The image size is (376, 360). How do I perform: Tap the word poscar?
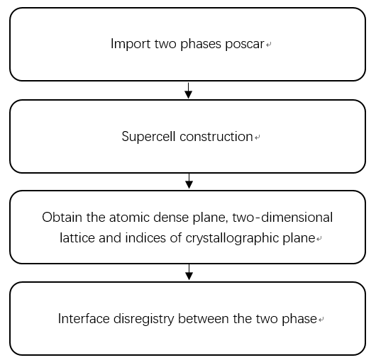point(245,45)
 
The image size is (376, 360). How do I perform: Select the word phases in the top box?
point(201,45)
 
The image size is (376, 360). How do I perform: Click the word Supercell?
point(148,137)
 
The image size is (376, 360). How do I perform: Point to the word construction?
point(216,137)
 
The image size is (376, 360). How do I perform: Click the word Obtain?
point(62,218)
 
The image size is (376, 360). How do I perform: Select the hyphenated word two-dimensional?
point(282,218)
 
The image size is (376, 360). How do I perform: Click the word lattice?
point(77,238)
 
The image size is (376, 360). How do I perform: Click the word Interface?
point(84,319)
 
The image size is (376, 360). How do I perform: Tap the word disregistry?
point(143,320)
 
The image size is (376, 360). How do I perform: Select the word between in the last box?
point(204,319)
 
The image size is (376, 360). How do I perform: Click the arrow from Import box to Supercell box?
point(189,91)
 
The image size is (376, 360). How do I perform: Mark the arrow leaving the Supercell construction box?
point(189,181)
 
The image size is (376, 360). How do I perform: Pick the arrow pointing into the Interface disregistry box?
point(189,272)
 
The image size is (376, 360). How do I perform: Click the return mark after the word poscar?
point(269,45)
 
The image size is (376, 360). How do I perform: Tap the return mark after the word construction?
point(258,137)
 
